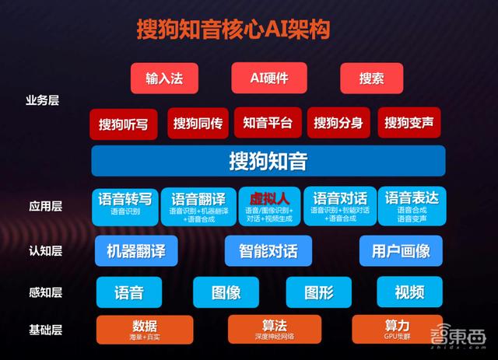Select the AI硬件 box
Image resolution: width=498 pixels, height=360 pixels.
point(269,78)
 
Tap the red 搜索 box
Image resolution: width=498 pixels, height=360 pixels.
point(371,78)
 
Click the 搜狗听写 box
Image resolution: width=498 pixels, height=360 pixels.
point(123,124)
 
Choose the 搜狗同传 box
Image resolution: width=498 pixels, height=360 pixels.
point(198,123)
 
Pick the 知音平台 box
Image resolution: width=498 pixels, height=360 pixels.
point(268,123)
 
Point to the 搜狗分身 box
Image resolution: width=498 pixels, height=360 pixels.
point(338,123)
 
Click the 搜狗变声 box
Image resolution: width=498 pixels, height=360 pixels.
point(409,123)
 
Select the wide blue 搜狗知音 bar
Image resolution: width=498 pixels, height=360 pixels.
point(268,162)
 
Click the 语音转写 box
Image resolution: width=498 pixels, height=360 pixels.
point(124,206)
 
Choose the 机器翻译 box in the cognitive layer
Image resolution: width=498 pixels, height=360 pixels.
point(136,250)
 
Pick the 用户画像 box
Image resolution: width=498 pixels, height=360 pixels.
point(401,250)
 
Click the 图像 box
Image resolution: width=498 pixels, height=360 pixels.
point(226,293)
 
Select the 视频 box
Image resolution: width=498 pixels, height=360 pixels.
point(409,292)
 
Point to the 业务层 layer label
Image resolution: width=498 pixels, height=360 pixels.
point(43,100)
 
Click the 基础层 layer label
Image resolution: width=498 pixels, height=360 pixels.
point(44,330)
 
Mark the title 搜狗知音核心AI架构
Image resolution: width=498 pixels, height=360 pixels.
point(233,29)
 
